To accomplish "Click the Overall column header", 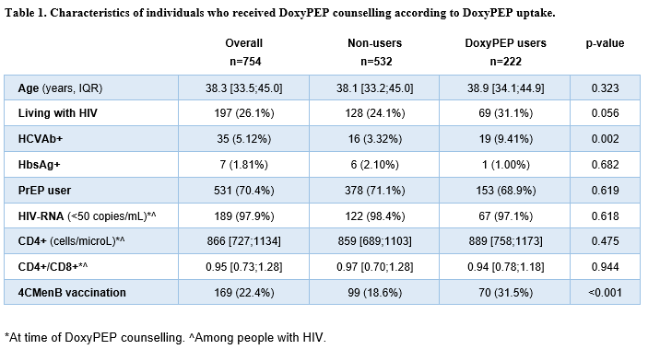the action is pos(243,43).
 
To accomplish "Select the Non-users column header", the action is pos(374,43).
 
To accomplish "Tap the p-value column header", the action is pos(605,43).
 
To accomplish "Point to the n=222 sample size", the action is pos(505,62).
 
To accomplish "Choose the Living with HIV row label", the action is pos(58,113).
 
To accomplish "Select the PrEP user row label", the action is pos(44,191).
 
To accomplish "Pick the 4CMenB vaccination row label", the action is pos(72,293).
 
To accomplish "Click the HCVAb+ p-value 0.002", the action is pos(605,139).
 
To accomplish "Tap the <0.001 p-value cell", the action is pos(605,293).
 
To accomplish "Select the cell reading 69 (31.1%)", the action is pos(505,113).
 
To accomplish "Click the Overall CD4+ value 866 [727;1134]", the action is pos(243,241).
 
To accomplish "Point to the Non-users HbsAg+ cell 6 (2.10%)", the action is pos(374,165).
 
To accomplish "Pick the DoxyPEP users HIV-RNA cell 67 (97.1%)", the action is pos(505,216).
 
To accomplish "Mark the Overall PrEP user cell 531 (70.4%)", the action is pos(243,191).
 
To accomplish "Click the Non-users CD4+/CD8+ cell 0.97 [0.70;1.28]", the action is pos(374,267).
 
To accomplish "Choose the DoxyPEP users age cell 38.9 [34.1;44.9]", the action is pos(505,88).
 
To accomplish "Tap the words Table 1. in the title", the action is pos(26,13).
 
